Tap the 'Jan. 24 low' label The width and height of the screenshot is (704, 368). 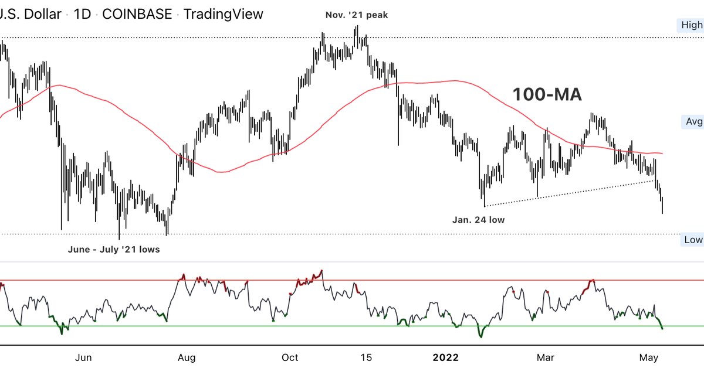(x=478, y=220)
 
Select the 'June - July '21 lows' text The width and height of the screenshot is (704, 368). (x=114, y=249)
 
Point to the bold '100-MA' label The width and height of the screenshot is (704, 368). (x=547, y=95)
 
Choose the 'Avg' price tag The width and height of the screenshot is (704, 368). (x=694, y=122)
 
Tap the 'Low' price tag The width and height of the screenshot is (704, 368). (x=693, y=240)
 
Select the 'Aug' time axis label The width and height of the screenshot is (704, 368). (x=187, y=357)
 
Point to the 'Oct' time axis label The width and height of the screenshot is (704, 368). (x=290, y=357)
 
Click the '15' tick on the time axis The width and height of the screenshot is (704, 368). (x=365, y=357)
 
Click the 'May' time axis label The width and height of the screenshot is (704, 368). (x=648, y=357)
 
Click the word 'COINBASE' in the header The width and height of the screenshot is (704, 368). (x=137, y=14)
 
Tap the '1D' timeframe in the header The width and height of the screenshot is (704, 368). (x=82, y=14)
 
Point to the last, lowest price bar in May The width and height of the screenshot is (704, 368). (x=662, y=205)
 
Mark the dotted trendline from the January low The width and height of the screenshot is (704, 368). (x=569, y=193)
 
